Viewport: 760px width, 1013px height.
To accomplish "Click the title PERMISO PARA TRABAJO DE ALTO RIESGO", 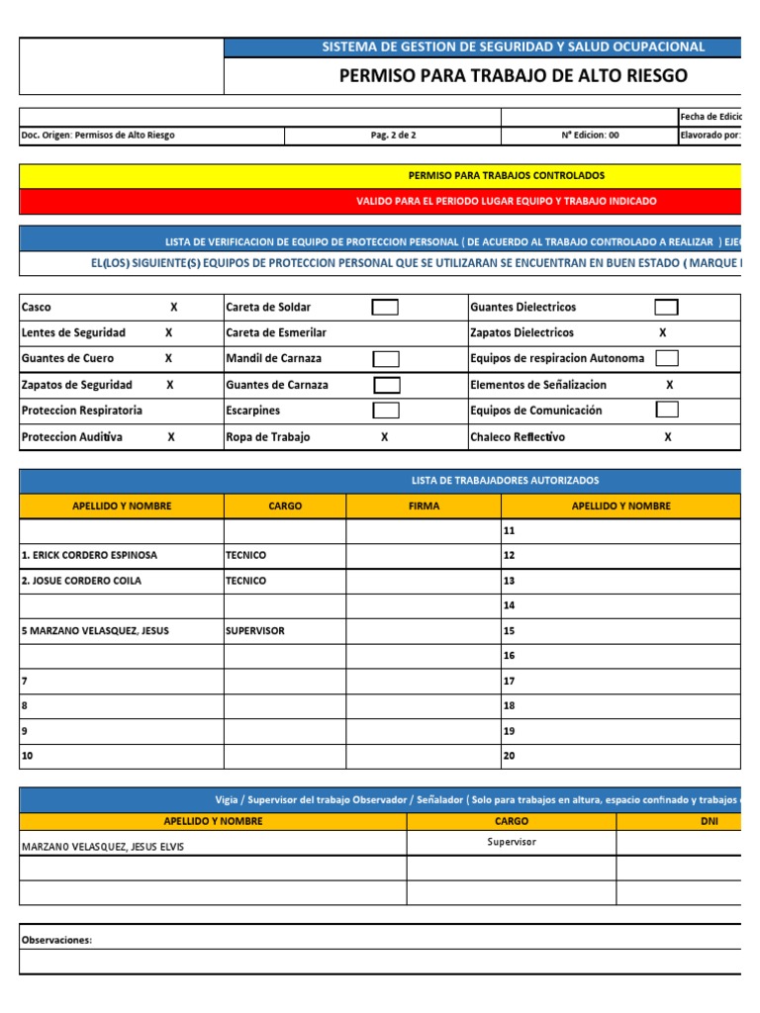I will (513, 76).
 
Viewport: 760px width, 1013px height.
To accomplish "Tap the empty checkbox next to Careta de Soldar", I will (385, 308).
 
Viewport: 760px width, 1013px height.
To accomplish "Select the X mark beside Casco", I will (174, 308).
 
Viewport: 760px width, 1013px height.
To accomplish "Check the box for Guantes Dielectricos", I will (667, 308).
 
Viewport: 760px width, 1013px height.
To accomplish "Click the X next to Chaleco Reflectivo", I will (667, 436).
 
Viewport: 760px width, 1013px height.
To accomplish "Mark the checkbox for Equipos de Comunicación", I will (667, 410).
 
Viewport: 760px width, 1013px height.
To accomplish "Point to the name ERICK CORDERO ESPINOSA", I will (89, 556).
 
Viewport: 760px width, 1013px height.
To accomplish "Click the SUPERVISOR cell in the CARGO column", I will (255, 631).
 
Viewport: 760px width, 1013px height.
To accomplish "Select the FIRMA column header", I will (424, 506).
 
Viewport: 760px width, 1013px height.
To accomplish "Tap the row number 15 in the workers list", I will (511, 631).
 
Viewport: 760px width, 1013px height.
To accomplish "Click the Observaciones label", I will (56, 940).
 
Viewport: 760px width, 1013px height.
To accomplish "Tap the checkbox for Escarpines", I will (386, 410).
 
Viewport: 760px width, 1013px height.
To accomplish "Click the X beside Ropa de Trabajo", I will (384, 436).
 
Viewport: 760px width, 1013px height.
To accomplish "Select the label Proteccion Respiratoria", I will (81, 411).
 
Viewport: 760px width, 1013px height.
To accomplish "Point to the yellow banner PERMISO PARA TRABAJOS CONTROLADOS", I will (506, 175).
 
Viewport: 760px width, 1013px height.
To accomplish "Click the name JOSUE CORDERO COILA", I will (81, 581).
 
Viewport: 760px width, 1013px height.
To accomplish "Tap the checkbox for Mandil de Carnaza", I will (386, 358).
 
